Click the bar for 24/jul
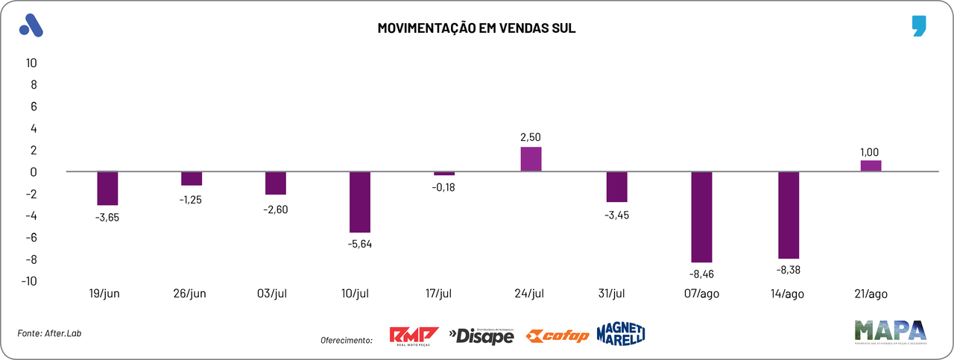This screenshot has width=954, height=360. (531, 160)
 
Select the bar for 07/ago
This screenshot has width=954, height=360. (701, 217)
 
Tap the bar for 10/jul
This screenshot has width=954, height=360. (361, 202)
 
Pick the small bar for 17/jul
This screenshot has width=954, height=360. (444, 174)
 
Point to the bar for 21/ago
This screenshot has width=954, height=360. (871, 166)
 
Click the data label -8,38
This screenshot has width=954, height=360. (788, 271)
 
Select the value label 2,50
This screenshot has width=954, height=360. (531, 136)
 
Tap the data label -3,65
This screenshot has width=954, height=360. (107, 218)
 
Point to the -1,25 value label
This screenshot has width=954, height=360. (192, 199)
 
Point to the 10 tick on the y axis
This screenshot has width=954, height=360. (31, 63)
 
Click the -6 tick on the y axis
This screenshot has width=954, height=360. (30, 238)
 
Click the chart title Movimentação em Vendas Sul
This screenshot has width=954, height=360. (476, 28)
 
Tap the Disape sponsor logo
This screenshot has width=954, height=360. (481, 336)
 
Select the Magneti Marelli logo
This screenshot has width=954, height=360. (620, 334)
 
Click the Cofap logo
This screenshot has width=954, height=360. (557, 336)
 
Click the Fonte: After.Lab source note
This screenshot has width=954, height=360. (49, 333)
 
